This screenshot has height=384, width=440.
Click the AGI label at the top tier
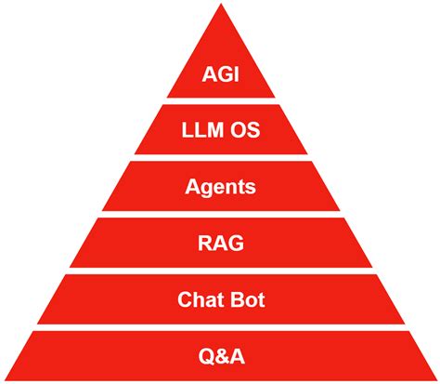220,73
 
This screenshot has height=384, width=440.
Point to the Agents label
220,188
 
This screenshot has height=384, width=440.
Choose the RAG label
220,245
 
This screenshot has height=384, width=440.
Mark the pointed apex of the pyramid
220,6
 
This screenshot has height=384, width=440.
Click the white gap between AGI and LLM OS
220,101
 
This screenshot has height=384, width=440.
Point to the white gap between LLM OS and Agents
220,158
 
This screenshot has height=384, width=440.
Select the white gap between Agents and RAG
220,215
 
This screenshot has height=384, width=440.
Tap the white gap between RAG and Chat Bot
220,271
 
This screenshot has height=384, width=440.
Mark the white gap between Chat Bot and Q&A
220,327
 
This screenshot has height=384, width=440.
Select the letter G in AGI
221,73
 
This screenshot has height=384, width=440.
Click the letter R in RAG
205,245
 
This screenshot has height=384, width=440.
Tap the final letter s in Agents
251,188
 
